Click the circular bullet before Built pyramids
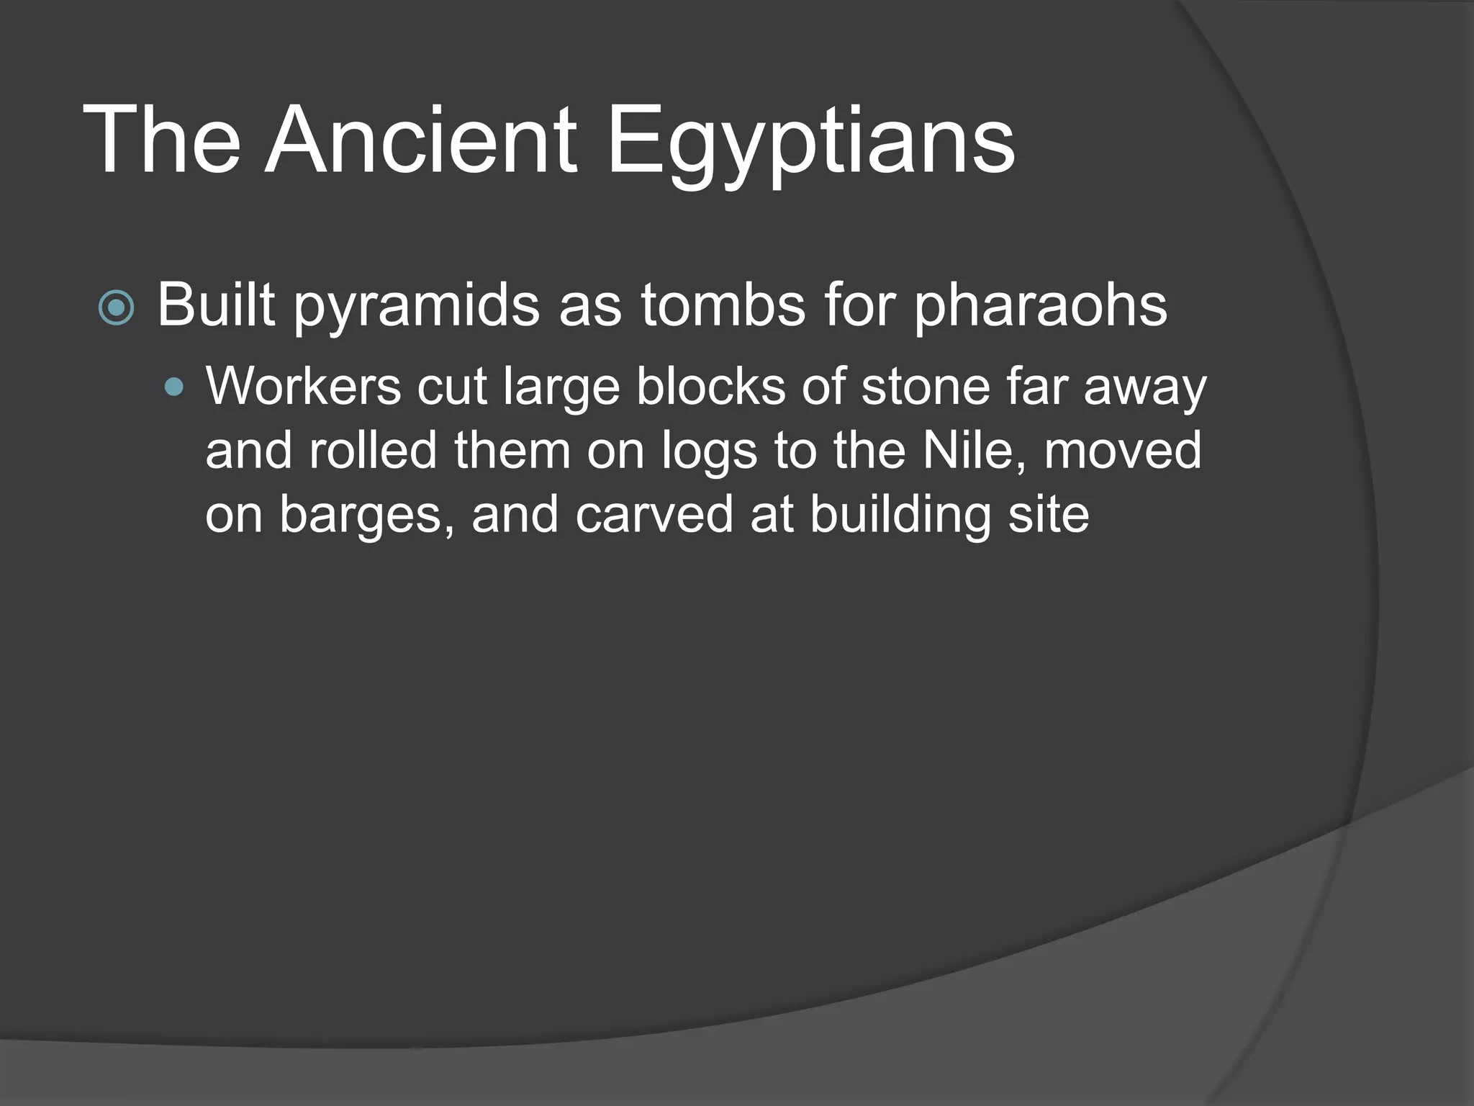pyautogui.click(x=116, y=308)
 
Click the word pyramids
pyautogui.click(x=417, y=306)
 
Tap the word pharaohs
pyautogui.click(x=1040, y=306)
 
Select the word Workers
pyautogui.click(x=303, y=386)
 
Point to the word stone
pyautogui.click(x=925, y=386)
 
